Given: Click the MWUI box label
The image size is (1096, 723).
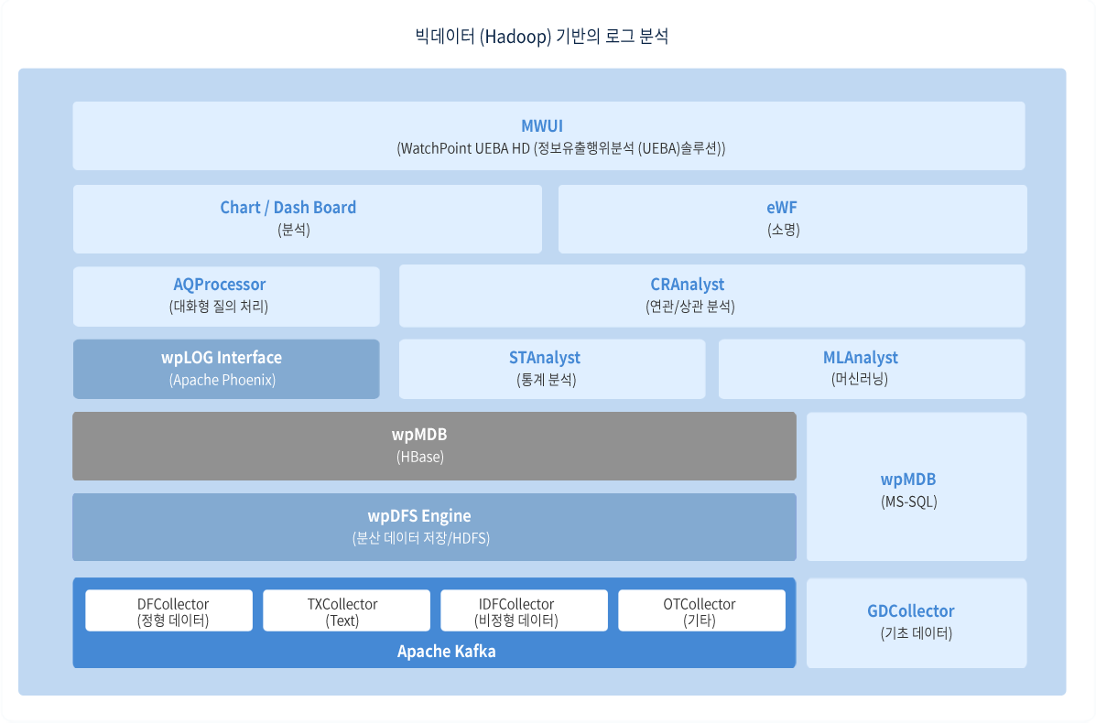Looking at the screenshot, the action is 542,125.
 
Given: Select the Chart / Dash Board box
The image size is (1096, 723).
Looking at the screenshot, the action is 308,219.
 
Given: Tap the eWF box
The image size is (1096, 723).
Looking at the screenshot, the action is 793,219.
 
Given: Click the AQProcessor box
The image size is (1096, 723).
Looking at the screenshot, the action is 226,297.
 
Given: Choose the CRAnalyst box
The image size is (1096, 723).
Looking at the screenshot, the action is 712,296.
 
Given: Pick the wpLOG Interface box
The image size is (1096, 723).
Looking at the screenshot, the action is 226,369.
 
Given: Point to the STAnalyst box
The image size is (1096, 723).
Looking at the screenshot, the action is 552,369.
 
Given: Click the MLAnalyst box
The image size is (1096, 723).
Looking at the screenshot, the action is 873,369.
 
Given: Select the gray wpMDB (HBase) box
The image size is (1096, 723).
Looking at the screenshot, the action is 434,446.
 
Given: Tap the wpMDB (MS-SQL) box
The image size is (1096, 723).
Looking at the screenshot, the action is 917,486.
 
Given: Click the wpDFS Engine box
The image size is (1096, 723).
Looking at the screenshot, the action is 434,527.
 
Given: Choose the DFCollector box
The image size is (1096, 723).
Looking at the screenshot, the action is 169,610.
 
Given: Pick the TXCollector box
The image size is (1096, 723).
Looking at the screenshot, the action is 347,610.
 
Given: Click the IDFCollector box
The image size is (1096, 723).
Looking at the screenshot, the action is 525,610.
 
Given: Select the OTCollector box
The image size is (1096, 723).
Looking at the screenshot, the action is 701,610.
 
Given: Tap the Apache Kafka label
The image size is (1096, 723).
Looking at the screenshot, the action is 447,651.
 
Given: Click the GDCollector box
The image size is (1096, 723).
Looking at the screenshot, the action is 917,622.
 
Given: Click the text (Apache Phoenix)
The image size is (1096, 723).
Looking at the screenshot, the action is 222,380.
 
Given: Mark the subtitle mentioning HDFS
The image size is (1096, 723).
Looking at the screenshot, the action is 421,538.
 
